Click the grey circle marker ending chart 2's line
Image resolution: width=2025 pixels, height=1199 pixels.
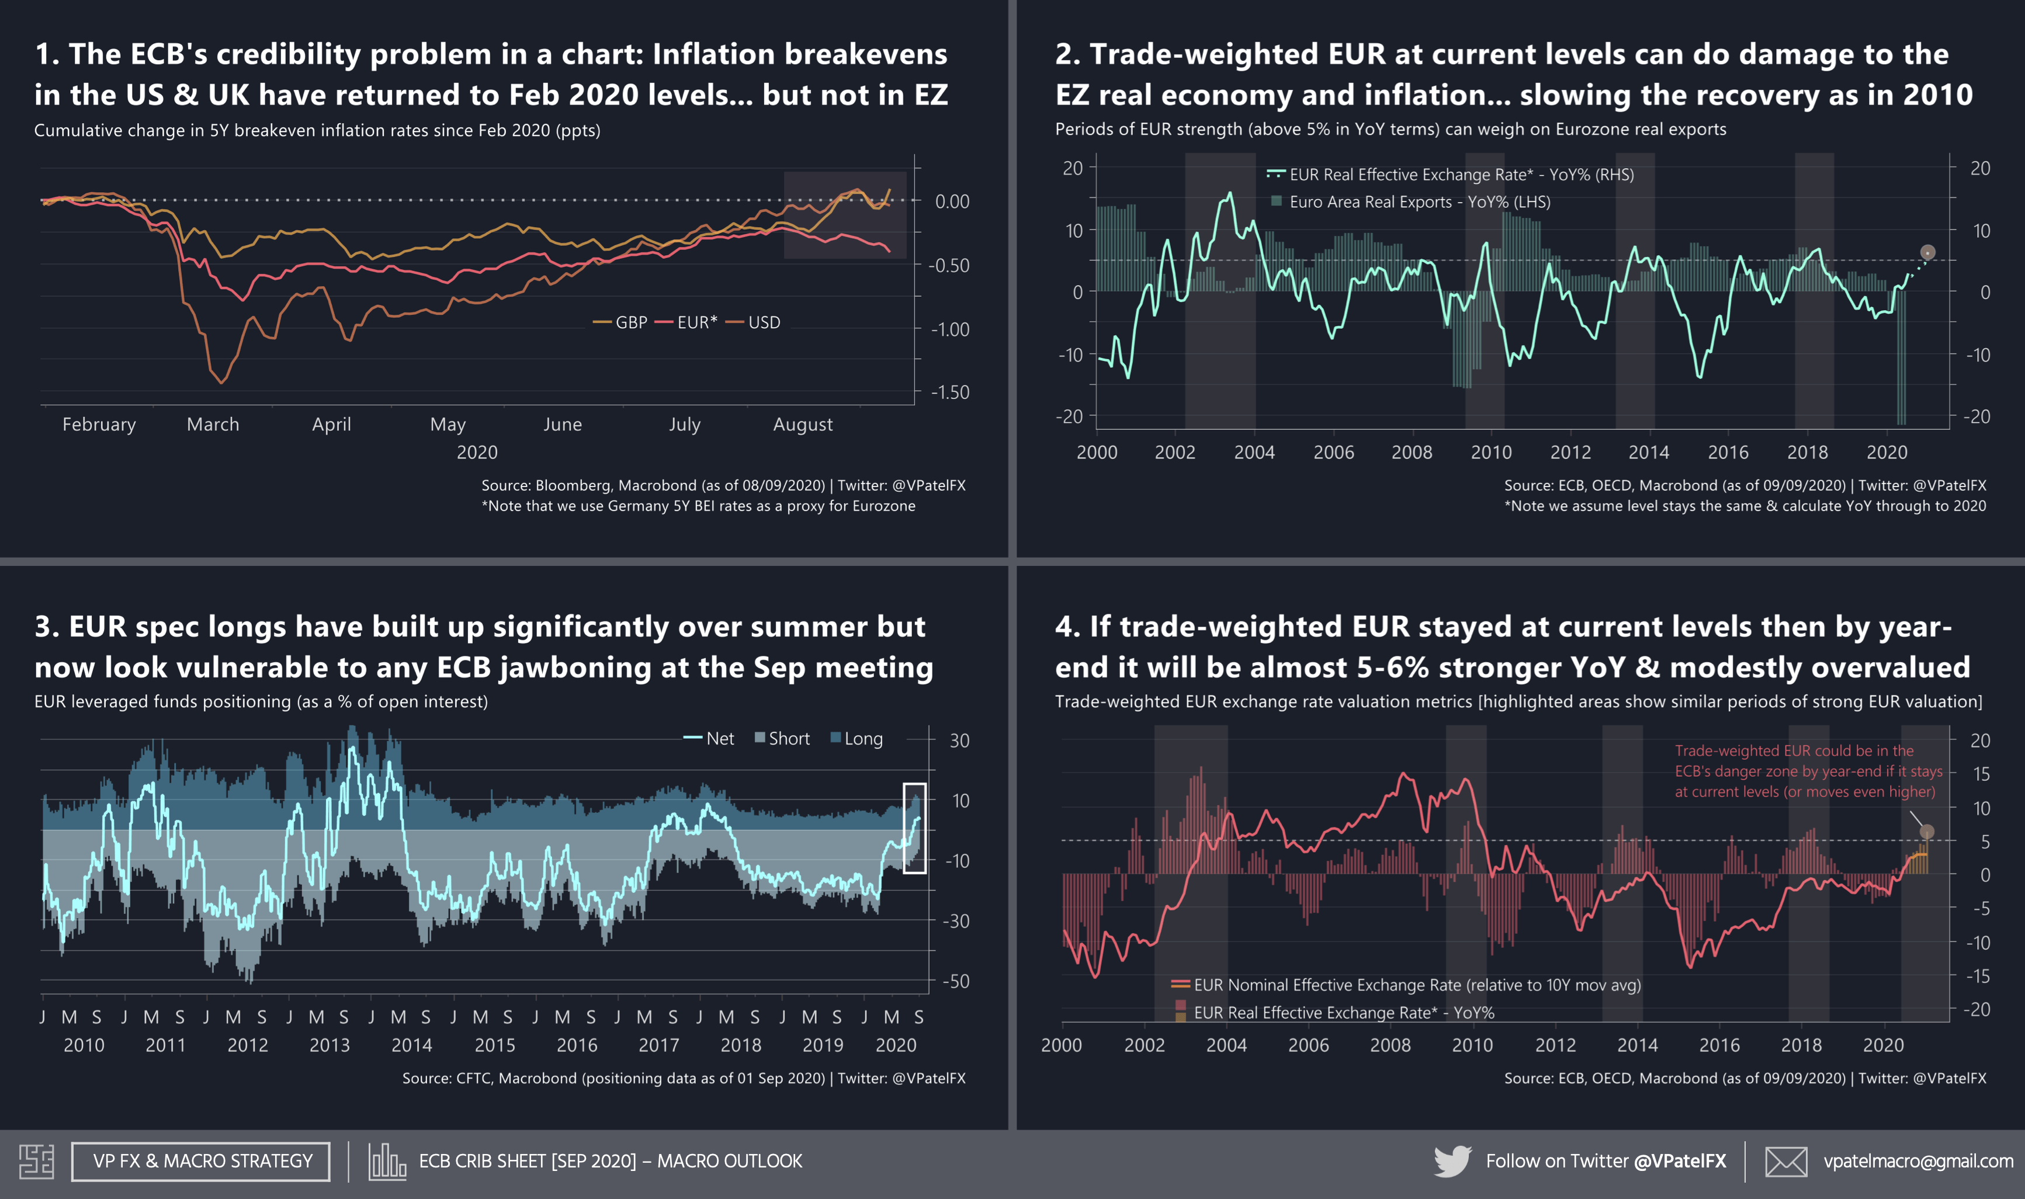point(1928,252)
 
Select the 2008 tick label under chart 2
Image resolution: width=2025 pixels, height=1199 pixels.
point(1412,453)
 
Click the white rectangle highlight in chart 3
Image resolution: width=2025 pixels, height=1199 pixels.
point(914,828)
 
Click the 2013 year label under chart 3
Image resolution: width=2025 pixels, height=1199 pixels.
point(330,1045)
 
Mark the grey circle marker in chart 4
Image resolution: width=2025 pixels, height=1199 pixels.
point(1927,832)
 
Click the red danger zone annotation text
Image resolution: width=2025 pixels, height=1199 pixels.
point(1808,771)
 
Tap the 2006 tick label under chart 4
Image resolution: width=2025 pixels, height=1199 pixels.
point(1308,1045)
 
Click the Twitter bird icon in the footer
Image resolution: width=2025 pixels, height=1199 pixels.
point(1452,1161)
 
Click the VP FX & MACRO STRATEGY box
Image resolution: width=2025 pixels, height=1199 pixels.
point(201,1161)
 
